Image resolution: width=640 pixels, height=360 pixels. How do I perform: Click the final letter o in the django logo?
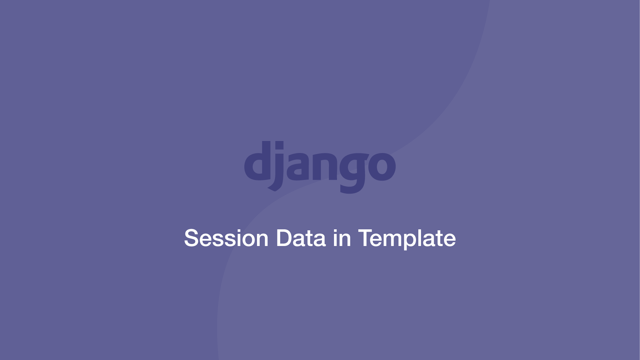383,167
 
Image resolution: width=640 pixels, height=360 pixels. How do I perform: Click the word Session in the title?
226,238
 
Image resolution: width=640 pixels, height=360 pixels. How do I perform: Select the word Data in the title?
301,238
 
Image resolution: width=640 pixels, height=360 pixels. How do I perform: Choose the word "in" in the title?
342,238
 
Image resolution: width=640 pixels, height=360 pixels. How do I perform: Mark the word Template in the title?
407,239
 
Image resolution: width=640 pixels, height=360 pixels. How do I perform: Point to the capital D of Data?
284,238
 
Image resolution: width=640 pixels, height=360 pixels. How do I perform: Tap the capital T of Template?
366,238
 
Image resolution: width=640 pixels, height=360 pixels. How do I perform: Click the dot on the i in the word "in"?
335,231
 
